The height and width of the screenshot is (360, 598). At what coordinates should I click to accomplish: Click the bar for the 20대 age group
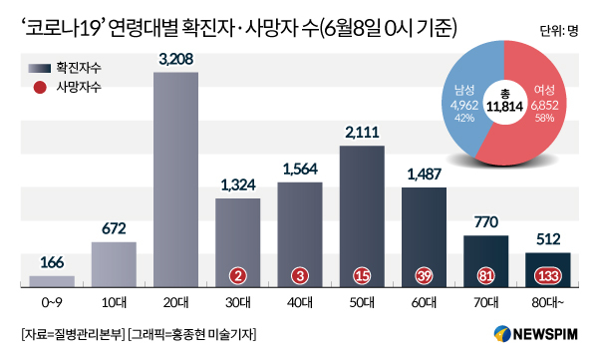coord(175,180)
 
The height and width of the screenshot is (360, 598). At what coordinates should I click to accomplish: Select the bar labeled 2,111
coord(362,216)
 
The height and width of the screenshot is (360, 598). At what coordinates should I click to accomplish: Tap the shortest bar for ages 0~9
coord(52,281)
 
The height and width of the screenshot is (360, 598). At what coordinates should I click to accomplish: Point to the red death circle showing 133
coord(548,275)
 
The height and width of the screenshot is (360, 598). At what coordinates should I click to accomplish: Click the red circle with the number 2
coord(238,275)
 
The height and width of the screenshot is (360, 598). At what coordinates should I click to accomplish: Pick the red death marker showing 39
coord(425,275)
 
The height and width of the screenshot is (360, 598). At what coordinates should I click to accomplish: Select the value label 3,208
coord(175,59)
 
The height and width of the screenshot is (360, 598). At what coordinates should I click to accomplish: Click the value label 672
coord(114,228)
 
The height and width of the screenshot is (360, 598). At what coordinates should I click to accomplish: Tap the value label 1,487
coord(425,175)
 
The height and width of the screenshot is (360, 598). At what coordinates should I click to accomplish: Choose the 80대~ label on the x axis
coord(548,303)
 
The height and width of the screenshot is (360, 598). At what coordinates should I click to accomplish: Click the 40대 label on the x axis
coord(300,303)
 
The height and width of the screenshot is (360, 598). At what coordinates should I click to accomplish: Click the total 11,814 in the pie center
coord(504,107)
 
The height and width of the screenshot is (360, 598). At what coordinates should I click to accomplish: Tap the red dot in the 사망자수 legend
coord(40,88)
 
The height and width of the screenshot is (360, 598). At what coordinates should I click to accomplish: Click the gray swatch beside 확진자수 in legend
coord(40,69)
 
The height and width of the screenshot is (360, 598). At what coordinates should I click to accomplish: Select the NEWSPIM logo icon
coord(502,334)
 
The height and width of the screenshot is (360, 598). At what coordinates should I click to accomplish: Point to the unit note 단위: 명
coord(559,31)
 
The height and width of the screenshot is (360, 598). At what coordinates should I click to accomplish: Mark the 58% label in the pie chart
coord(544,118)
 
